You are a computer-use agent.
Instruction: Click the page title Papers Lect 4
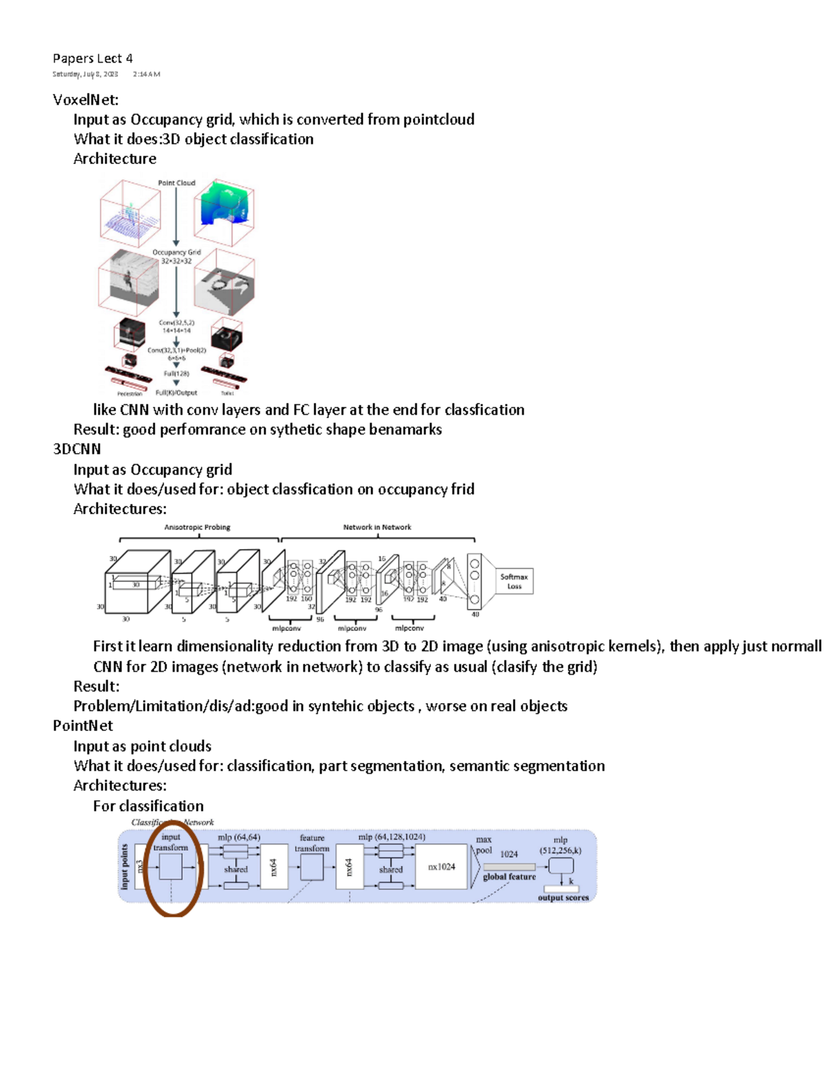click(92, 58)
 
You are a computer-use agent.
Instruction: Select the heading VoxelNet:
click(85, 99)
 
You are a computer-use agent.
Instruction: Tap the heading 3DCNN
click(77, 449)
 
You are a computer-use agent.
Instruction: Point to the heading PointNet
click(83, 725)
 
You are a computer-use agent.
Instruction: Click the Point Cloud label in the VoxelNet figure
click(177, 183)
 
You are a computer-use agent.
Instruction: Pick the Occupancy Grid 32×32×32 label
click(177, 256)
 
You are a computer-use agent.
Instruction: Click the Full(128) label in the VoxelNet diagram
click(177, 373)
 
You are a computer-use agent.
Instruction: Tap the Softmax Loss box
click(514, 581)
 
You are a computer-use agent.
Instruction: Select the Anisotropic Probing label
click(197, 527)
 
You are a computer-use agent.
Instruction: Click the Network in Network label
click(377, 527)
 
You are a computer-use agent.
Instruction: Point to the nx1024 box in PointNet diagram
click(441, 866)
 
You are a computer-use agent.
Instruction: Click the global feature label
click(509, 877)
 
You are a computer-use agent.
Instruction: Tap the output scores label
click(563, 898)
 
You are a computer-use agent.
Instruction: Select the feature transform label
click(312, 843)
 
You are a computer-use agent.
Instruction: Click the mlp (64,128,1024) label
click(391, 837)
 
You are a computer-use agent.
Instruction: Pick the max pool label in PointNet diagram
click(484, 845)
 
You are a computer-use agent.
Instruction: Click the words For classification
click(149, 806)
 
